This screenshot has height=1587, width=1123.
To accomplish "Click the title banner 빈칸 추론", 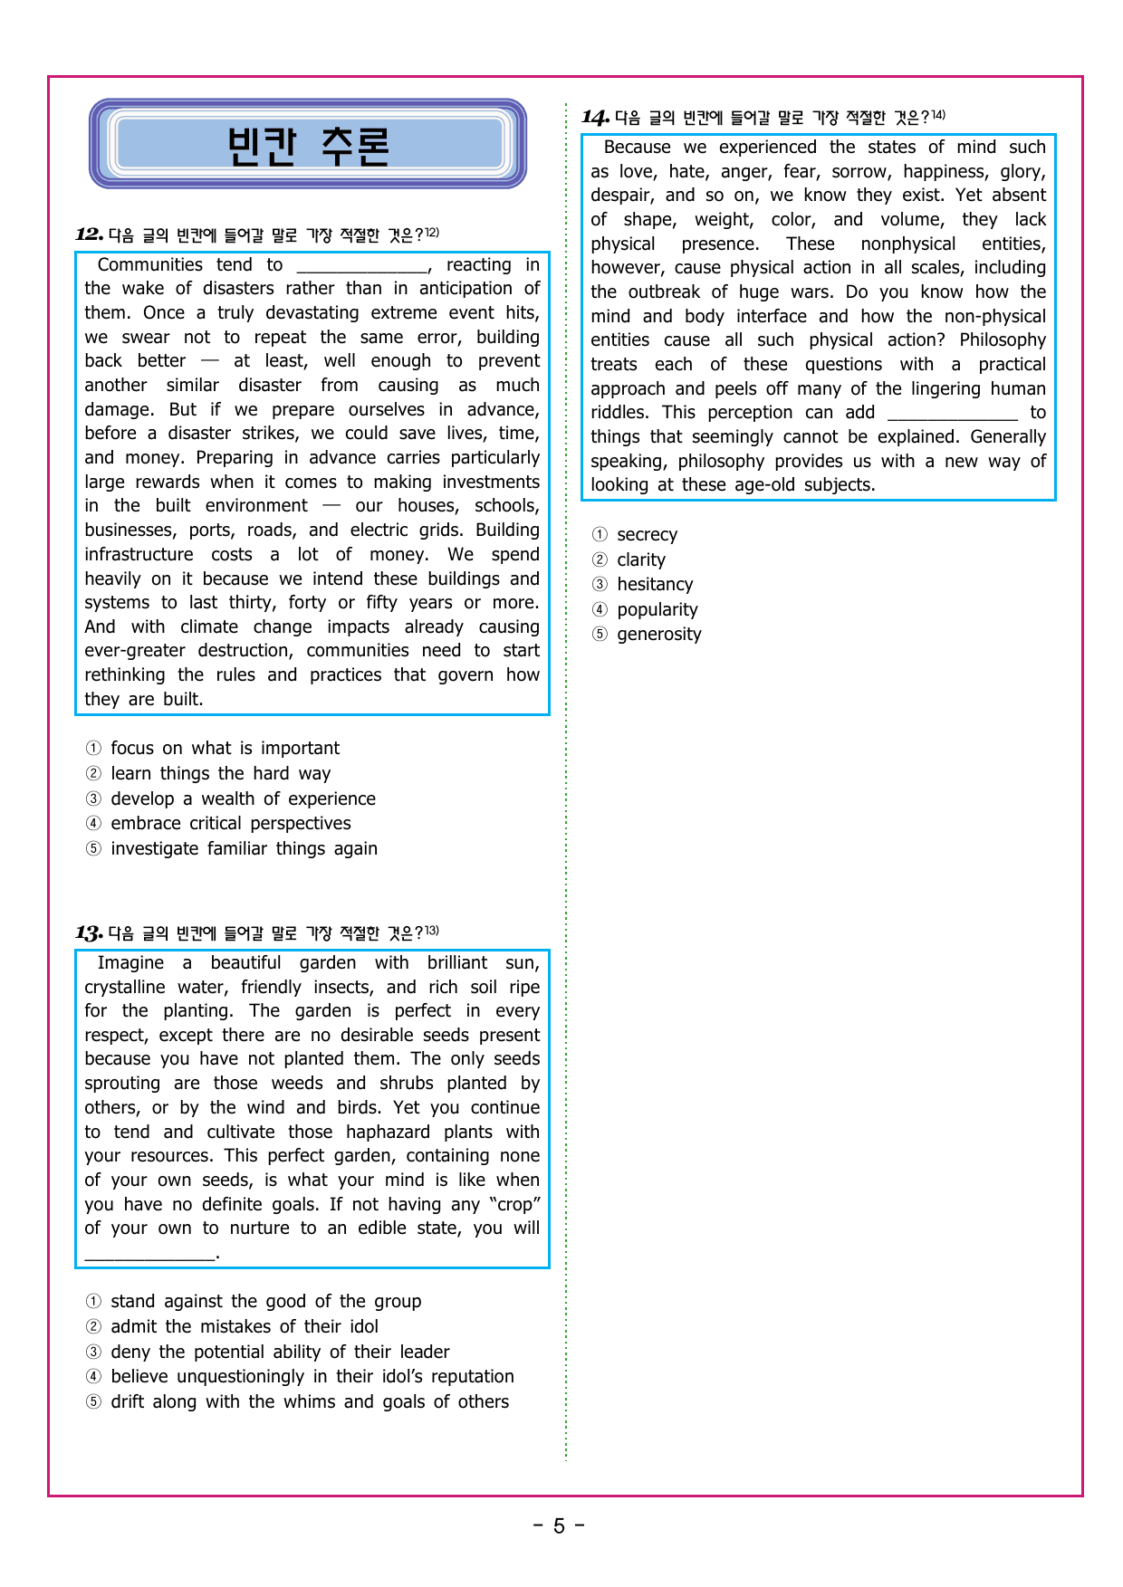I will point(308,145).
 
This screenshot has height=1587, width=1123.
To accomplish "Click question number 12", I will point(89,234).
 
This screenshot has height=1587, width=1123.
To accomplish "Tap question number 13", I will point(89,932).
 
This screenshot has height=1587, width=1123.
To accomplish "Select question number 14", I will point(595,117).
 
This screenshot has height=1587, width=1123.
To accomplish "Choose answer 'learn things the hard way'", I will point(220,774).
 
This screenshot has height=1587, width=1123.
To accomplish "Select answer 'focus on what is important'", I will point(225,749).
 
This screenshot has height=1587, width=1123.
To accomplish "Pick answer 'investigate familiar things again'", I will point(244,849).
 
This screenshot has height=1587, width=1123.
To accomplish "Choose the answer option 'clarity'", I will point(641,560).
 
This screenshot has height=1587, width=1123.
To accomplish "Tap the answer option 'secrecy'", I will point(647,535).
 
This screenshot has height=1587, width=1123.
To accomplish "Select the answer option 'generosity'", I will point(658,635).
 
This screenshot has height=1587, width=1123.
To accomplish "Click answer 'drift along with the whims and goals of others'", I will point(310,1402).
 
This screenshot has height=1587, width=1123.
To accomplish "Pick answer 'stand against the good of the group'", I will point(265,1302).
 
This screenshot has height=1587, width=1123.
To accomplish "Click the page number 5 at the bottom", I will point(559,1526).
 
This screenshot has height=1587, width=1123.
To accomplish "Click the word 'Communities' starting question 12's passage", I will point(149,265).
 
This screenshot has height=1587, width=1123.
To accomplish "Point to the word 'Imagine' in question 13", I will point(130,963).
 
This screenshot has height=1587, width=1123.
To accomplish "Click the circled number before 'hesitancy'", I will point(600,585).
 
